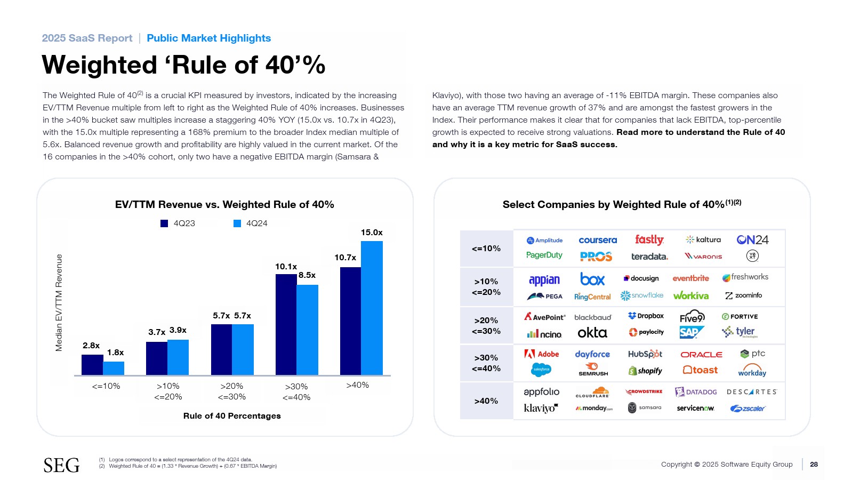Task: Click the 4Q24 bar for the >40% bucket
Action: (x=372, y=308)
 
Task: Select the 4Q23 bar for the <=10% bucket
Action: (x=92, y=365)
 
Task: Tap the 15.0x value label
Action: (x=372, y=233)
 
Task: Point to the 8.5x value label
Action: (x=307, y=275)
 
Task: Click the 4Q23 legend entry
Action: (x=178, y=223)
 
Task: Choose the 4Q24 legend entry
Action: (x=251, y=223)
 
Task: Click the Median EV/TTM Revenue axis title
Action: (x=59, y=302)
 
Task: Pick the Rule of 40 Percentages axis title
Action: (x=232, y=416)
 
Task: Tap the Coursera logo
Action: (x=598, y=241)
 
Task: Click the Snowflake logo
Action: (x=642, y=295)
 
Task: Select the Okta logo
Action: (x=592, y=333)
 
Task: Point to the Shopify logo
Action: (x=645, y=371)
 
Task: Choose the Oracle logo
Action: (x=701, y=355)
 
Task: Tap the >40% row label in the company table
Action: (x=486, y=401)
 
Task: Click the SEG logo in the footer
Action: (x=61, y=465)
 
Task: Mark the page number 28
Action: (x=814, y=465)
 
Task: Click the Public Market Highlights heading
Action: (x=208, y=38)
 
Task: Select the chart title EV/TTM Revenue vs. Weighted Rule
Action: (x=224, y=205)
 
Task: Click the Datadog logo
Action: (x=696, y=392)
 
